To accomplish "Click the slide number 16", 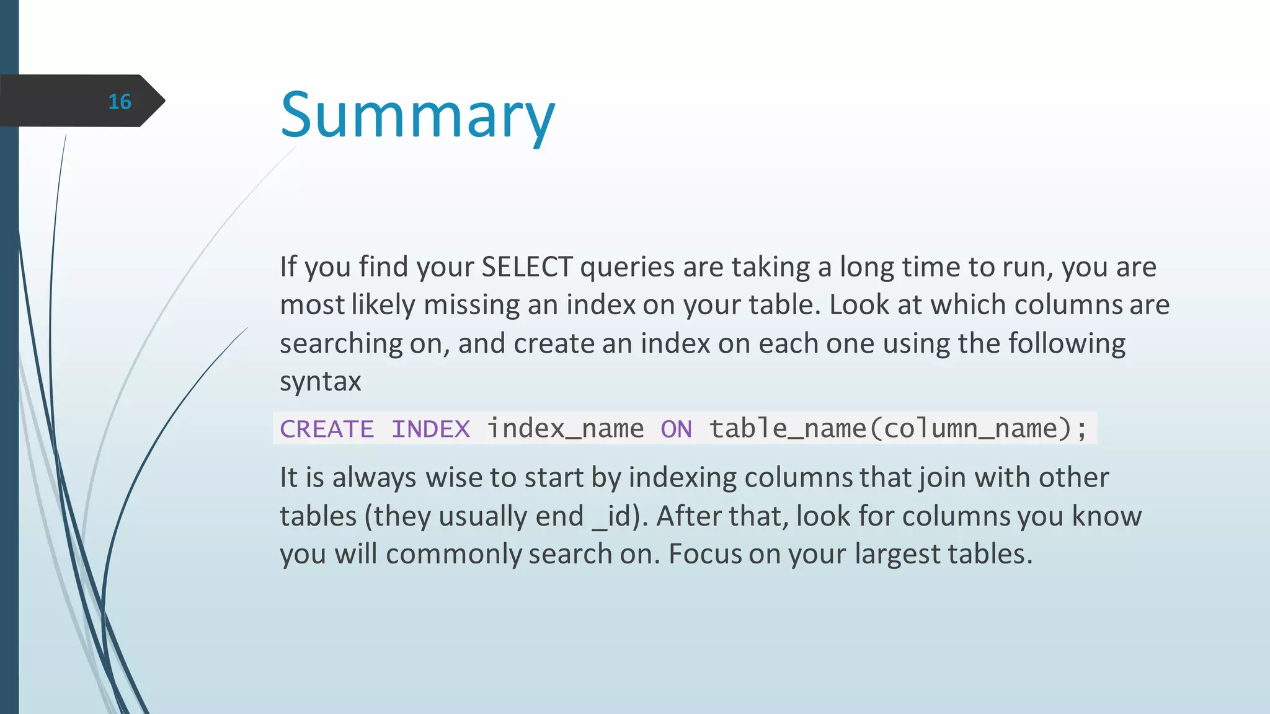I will pos(120,102).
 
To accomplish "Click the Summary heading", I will pos(417,115).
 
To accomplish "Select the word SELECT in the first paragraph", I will pos(526,267).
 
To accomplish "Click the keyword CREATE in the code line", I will pos(327,429).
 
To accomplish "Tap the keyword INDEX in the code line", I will pos(430,429).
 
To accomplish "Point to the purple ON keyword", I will pos(676,429).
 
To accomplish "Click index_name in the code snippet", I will pos(565,429).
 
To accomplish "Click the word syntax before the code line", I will pos(320,382).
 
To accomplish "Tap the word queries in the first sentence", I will pos(627,267).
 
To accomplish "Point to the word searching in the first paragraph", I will pos(341,344).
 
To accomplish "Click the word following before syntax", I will pos(1066,343).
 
